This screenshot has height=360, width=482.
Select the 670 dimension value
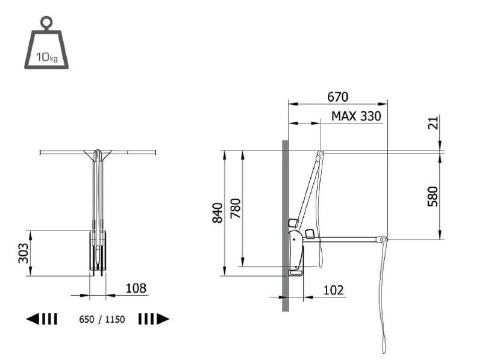pyautogui.click(x=337, y=97)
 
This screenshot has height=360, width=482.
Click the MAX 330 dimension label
pyautogui.click(x=356, y=116)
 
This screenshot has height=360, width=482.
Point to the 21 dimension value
pyautogui.click(x=433, y=123)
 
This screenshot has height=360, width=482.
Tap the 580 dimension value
pyautogui.click(x=433, y=196)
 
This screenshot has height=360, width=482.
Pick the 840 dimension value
pyautogui.click(x=218, y=213)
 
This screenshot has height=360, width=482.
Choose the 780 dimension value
pyautogui.click(x=236, y=208)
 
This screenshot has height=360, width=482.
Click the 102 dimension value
pyautogui.click(x=333, y=290)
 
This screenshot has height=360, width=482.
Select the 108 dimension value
pyautogui.click(x=136, y=288)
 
